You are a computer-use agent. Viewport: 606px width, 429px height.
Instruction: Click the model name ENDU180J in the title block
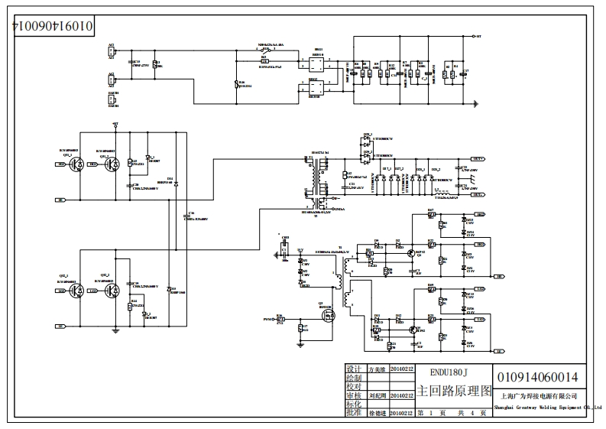[448, 372]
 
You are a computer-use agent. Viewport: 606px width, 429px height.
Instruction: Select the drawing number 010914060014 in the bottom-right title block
[537, 377]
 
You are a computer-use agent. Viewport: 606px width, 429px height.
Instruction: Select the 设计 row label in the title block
[354, 369]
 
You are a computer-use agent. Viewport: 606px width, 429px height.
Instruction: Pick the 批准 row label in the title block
[354, 412]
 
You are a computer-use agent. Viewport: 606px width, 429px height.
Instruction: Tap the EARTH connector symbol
[112, 99]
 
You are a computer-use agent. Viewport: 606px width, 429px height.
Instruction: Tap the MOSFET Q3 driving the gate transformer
[326, 315]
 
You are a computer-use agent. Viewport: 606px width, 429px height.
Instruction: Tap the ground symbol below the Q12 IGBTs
[115, 330]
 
